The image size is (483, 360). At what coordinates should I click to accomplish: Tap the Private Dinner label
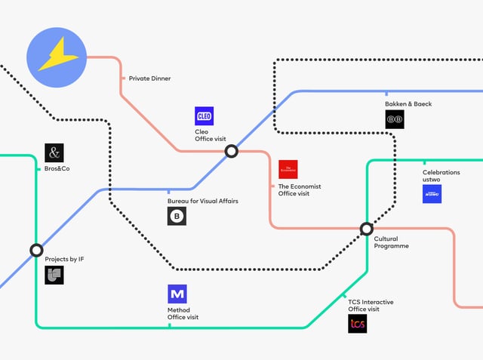click(149, 78)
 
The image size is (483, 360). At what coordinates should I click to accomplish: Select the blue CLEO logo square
click(205, 115)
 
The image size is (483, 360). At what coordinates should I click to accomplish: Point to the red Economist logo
click(288, 169)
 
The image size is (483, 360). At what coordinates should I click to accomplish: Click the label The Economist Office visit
click(300, 190)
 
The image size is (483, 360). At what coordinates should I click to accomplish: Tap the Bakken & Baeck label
click(408, 103)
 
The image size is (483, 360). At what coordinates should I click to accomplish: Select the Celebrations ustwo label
click(441, 176)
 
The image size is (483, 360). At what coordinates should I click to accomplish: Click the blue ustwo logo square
click(432, 194)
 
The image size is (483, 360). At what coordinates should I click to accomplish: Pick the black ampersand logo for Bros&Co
click(54, 153)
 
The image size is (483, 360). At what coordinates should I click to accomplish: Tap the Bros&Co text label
click(57, 168)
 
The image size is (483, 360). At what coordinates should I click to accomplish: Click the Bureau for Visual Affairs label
click(202, 202)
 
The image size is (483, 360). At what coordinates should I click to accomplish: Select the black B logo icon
click(177, 217)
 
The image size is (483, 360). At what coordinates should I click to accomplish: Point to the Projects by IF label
click(64, 259)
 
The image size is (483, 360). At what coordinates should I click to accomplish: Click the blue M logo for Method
click(177, 294)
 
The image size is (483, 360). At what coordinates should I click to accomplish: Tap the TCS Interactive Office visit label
click(371, 306)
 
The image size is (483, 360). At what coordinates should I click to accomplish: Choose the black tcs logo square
click(358, 324)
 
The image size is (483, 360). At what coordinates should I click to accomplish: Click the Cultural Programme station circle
click(366, 228)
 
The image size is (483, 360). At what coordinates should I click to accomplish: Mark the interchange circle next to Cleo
click(232, 151)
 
